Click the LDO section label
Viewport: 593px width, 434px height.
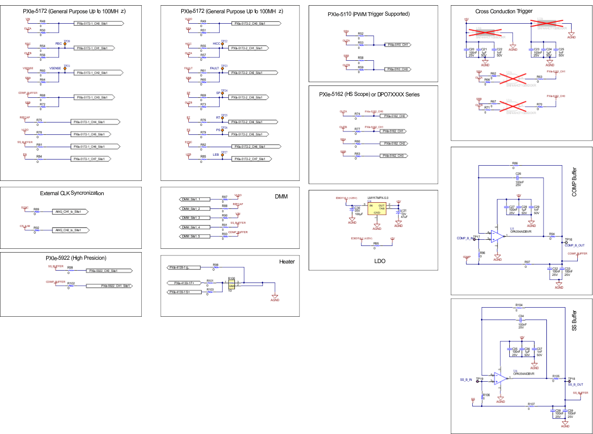[380, 261]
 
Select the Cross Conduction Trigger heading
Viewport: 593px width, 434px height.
[504, 11]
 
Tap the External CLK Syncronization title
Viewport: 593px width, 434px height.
[72, 193]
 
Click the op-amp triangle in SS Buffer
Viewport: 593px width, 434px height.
[500, 378]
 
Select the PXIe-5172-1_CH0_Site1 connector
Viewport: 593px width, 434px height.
[98, 23]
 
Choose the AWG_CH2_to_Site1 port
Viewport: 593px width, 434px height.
[70, 230]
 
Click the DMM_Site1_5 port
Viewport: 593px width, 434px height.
[195, 236]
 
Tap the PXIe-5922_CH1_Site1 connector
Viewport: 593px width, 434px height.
[109, 286]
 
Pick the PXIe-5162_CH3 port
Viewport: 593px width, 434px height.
[394, 156]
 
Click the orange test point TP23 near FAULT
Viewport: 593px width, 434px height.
[222, 68]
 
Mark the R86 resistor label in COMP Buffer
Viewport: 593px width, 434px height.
[515, 163]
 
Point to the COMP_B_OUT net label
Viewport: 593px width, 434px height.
[574, 245]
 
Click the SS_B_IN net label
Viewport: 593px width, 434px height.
[466, 380]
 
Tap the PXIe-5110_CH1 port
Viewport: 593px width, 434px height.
[398, 45]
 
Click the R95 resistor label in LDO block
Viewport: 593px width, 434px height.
[376, 243]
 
